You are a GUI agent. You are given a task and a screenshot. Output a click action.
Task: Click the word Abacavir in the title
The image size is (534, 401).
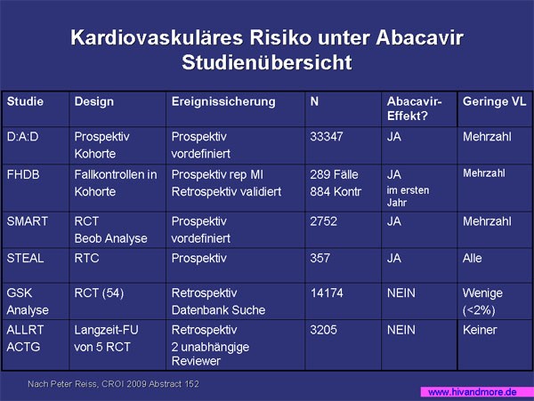[419, 37]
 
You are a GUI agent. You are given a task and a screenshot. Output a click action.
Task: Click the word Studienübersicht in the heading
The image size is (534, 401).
[267, 62]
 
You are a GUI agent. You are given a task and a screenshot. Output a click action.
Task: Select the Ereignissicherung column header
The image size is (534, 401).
[223, 101]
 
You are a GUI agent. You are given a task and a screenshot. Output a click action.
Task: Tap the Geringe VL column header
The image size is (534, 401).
[494, 101]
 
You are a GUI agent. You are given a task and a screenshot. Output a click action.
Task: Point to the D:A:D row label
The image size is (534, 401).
[22, 137]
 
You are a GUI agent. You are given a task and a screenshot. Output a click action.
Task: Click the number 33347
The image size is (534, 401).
[327, 137]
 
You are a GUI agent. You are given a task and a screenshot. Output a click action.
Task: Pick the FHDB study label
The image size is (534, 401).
[23, 174]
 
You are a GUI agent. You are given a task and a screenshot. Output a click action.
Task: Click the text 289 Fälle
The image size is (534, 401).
[334, 174]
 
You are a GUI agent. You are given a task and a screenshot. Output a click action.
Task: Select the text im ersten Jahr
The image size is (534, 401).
[408, 196]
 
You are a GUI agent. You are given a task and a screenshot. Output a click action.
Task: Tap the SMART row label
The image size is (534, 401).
[28, 221]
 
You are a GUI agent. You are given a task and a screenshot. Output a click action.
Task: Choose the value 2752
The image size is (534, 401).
[324, 221]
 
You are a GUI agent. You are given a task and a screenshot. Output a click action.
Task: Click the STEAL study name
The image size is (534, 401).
[25, 258]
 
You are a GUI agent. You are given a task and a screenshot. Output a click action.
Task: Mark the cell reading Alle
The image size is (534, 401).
[472, 258]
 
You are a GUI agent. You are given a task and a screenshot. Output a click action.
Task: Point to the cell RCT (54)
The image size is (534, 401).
[99, 293]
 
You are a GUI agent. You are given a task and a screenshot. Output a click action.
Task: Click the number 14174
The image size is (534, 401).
[327, 293]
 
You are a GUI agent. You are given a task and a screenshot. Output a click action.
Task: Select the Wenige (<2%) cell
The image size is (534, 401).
[482, 301]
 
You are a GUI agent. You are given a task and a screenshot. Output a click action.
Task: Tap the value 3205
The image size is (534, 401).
[323, 330]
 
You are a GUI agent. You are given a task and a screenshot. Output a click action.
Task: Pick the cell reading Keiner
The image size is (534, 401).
[480, 330]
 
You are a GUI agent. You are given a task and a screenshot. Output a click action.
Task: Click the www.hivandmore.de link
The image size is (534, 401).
[473, 392]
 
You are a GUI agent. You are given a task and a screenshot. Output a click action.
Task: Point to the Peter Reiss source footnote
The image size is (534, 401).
[113, 384]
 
